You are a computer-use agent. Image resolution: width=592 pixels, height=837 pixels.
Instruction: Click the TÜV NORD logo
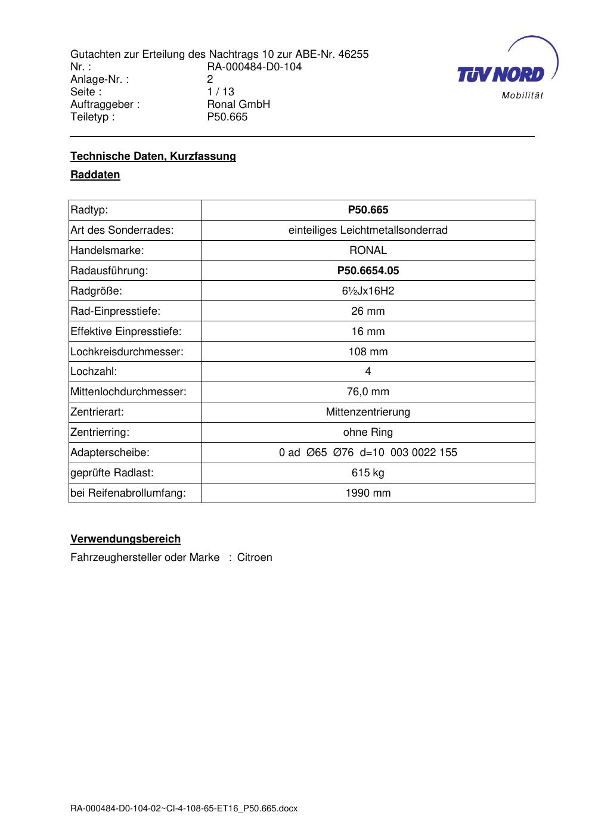pos(504,70)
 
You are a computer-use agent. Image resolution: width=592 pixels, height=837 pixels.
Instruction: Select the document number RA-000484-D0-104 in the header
pos(254,67)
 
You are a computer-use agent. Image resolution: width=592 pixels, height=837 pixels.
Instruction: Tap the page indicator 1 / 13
pos(221,92)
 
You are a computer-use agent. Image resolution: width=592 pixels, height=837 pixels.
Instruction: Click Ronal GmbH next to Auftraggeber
pos(238,104)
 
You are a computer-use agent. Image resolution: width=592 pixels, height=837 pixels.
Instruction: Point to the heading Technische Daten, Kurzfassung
pos(153,156)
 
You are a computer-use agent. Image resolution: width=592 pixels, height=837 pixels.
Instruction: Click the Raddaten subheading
pos(95,175)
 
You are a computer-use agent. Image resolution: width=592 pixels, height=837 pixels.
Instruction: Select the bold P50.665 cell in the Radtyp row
pos(368,210)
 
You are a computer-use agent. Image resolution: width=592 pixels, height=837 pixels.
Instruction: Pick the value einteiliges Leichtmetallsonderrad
pos(368,230)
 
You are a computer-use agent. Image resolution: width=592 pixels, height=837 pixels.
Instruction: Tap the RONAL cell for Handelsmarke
pos(368,250)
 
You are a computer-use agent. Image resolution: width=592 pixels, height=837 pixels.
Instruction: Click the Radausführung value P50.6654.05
pos(368,271)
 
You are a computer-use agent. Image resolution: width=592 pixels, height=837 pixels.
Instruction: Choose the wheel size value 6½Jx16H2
pos(368,291)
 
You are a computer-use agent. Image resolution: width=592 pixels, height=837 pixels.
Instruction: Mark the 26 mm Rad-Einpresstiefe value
pos(368,311)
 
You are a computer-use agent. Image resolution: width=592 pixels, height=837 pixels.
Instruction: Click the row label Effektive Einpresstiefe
pos(126,331)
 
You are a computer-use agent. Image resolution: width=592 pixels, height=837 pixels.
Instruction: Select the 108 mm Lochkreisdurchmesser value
pos(368,352)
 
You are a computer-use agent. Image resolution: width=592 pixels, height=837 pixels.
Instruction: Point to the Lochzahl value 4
pos(368,371)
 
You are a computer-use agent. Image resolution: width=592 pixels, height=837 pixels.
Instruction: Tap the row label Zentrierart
pos(97,412)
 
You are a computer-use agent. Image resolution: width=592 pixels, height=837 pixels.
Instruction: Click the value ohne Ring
pos(368,432)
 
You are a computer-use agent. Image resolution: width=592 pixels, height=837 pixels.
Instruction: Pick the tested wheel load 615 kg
pos(368,473)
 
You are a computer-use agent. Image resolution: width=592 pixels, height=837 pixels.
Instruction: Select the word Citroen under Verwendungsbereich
pos(255,557)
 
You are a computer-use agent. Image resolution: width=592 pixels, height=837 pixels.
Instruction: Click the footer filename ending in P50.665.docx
pos(184,808)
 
